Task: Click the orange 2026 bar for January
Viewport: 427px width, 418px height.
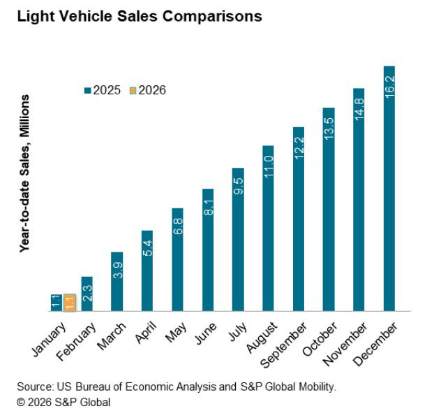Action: coord(69,302)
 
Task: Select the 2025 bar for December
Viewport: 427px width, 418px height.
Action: coord(389,189)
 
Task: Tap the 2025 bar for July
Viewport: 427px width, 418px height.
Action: coord(238,239)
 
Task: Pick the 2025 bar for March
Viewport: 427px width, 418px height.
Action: coord(117,281)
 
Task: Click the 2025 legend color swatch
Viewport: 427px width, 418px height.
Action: coord(88,90)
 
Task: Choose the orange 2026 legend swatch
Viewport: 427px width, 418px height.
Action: coord(133,90)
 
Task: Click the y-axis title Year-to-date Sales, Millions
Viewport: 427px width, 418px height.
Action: coord(25,185)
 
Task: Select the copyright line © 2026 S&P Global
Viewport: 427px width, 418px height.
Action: coord(63,402)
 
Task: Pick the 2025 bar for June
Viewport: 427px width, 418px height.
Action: coord(208,250)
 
